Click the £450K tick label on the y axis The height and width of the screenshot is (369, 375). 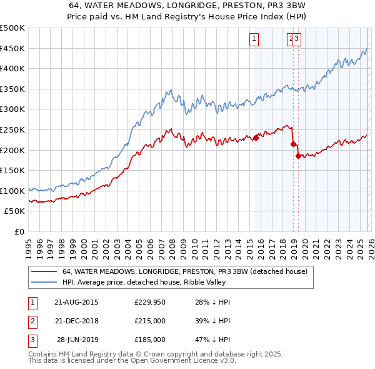click(x=12, y=48)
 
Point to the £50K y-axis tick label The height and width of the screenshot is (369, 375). click(x=14, y=211)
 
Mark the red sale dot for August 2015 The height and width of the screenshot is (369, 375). click(x=256, y=138)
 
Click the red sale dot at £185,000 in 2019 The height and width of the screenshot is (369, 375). click(x=298, y=156)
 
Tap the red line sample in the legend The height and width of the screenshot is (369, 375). click(x=44, y=272)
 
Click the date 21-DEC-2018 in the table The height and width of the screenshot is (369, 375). click(x=76, y=321)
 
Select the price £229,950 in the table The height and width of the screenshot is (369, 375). click(x=150, y=302)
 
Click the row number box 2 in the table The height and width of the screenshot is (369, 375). click(x=32, y=321)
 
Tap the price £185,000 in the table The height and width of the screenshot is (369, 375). click(x=150, y=340)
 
